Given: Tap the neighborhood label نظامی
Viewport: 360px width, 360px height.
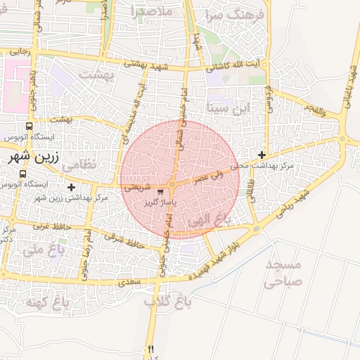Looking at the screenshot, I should tap(78, 167).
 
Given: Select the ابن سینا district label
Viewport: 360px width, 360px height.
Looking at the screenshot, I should tap(231, 109).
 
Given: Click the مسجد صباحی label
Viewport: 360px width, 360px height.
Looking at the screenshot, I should tap(284, 274).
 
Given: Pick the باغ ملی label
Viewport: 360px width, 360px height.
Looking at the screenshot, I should tap(42, 249).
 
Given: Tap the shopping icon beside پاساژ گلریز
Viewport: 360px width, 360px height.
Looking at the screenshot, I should tap(162, 191).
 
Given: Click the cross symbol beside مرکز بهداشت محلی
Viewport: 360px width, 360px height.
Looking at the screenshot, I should tap(262, 155).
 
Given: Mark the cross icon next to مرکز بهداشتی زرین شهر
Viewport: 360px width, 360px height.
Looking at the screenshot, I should tap(71, 187).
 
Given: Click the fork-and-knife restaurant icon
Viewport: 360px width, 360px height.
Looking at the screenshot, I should tap(150, 349).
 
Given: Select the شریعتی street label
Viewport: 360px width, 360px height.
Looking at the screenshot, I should tap(136, 188).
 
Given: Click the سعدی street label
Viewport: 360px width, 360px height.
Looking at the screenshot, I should tap(131, 282).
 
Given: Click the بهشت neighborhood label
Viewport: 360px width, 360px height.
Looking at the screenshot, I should tap(96, 73).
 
